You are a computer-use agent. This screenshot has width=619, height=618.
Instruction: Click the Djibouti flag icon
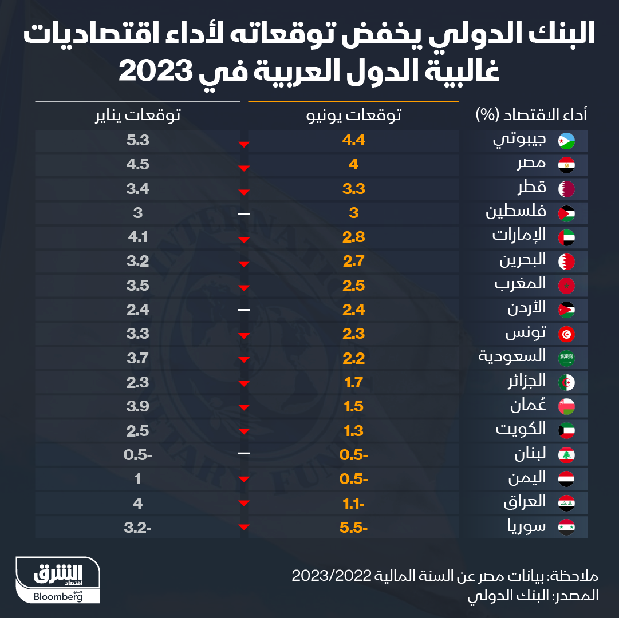click(566, 141)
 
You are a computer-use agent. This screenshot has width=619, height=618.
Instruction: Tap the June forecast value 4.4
click(353, 141)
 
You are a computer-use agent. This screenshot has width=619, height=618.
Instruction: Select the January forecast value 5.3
click(138, 141)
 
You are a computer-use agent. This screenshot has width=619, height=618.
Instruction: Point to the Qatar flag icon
click(566, 189)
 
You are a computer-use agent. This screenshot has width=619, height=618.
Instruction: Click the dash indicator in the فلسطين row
click(244, 213)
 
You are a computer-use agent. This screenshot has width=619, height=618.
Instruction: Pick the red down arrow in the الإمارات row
click(244, 240)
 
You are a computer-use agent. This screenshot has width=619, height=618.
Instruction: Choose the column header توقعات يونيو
click(353, 115)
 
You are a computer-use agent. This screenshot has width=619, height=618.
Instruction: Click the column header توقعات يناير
click(138, 115)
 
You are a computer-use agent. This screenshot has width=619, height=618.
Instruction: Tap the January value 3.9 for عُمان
click(138, 406)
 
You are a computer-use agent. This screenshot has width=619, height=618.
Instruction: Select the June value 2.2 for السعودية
click(353, 358)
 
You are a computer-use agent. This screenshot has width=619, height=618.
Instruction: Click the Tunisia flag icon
click(566, 334)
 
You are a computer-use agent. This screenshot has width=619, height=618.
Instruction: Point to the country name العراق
click(523, 502)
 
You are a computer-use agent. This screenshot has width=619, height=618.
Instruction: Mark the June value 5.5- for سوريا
click(353, 527)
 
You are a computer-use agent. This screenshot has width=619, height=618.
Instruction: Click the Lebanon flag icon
click(566, 455)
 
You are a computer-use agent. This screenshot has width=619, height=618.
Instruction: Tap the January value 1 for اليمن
click(138, 479)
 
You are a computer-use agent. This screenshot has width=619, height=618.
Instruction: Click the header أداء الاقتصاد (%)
click(531, 114)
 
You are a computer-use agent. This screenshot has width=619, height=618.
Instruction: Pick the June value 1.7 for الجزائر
click(353, 382)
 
